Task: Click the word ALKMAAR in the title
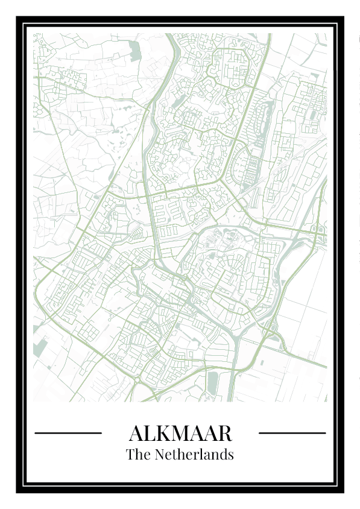(x=180, y=433)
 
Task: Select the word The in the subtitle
(x=138, y=454)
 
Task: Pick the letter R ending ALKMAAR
(x=224, y=433)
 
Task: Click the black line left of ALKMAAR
(x=68, y=432)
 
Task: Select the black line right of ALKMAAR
(x=292, y=432)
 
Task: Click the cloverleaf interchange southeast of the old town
(x=270, y=331)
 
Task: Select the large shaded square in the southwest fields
(x=42, y=350)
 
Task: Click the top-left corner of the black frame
(x=18, y=18)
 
